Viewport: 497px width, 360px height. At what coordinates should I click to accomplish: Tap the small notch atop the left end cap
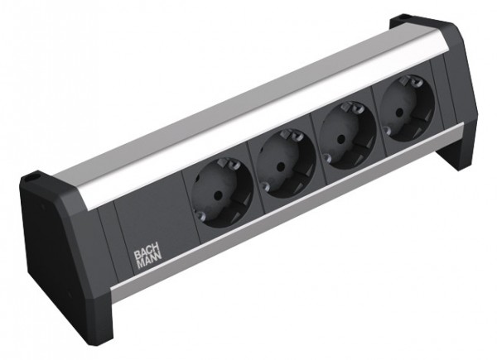(34, 176)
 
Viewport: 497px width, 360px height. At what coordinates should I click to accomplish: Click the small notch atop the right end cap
(403, 19)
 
